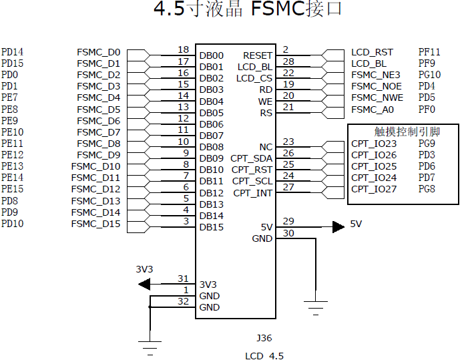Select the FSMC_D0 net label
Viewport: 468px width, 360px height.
click(x=98, y=52)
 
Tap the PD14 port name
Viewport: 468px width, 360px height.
click(x=12, y=52)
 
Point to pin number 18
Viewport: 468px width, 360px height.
click(x=183, y=50)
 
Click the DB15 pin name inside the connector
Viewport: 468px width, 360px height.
click(x=211, y=227)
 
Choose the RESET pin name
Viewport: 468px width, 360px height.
click(x=258, y=56)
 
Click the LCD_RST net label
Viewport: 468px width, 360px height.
click(x=372, y=52)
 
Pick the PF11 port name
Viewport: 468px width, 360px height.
click(x=429, y=52)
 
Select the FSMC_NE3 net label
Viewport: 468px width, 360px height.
click(x=375, y=75)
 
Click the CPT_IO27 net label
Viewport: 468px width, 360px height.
click(x=374, y=189)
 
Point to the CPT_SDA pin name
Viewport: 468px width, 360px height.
click(x=252, y=158)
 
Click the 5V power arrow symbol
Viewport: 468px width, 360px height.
click(x=338, y=226)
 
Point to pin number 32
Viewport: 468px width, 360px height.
click(x=183, y=302)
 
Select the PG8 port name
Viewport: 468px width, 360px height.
click(x=427, y=189)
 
